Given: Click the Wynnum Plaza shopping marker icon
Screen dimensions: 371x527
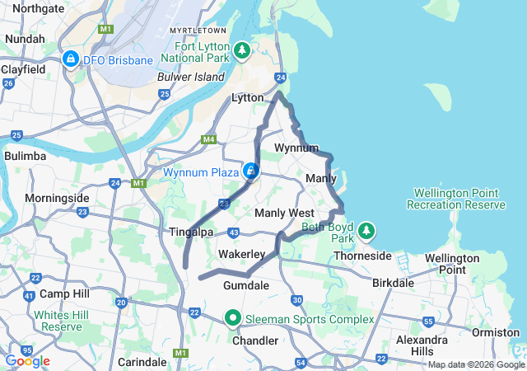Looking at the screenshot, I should coord(251,171).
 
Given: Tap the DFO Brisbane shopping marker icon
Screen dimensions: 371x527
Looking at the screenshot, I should coord(71,60).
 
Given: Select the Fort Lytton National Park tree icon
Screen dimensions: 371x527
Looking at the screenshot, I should coord(241,50).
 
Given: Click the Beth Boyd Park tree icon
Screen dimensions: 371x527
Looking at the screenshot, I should coord(366,230).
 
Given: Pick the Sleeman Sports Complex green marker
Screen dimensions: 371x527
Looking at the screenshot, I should coord(233,318).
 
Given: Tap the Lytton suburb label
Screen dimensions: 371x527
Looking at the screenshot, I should coord(248,97).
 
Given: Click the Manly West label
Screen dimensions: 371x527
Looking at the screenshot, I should coord(284,213).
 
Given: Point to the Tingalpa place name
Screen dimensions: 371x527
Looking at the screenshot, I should coord(191,232).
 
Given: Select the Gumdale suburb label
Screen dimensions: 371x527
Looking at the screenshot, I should coord(246,285).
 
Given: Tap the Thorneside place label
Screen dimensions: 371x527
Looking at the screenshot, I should coord(362,256).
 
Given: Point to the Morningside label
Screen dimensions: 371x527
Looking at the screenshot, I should coord(57,198).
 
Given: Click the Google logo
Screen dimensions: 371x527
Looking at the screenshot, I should coord(27,361).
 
